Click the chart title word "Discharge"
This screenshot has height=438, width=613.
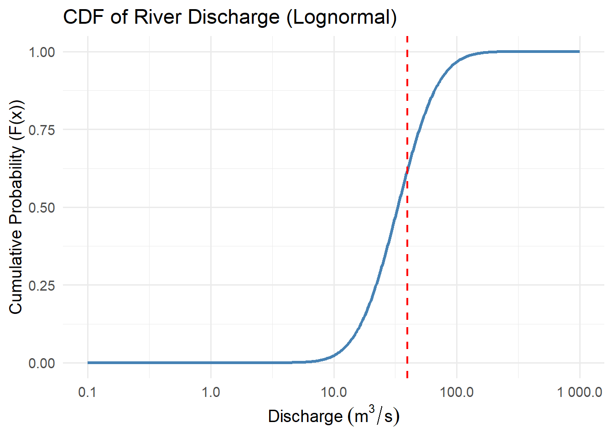(233, 17)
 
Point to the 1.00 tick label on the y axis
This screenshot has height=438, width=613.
(42, 52)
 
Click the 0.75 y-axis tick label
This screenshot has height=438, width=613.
(42, 130)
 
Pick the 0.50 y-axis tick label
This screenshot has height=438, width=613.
(42, 208)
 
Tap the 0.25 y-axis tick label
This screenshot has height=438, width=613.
(42, 286)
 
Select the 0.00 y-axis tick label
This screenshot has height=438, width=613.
(42, 363)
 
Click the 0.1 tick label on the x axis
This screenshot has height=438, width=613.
(88, 392)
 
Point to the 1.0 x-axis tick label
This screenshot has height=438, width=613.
(211, 392)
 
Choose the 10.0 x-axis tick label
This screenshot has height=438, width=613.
(334, 392)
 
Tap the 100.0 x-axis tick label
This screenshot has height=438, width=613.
(457, 392)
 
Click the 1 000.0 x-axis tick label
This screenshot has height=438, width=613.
(579, 392)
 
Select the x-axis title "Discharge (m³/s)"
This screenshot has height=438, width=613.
(333, 416)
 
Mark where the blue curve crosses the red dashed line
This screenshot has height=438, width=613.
(407, 171)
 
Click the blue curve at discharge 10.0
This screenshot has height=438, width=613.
(334, 355)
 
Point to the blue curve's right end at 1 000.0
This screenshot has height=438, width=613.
(579, 52)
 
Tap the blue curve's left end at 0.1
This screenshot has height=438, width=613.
(88, 363)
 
